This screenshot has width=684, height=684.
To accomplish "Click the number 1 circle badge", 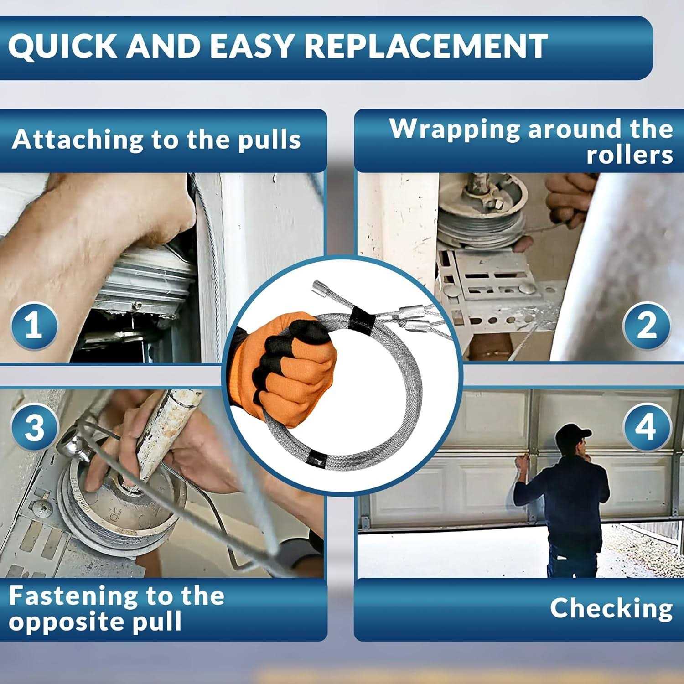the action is (34, 326).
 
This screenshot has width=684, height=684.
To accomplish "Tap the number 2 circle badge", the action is (647, 326).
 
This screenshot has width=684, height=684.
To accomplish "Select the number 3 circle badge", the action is (35, 427).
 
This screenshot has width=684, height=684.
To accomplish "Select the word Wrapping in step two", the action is (454, 129).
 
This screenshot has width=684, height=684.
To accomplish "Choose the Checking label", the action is (611, 609).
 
